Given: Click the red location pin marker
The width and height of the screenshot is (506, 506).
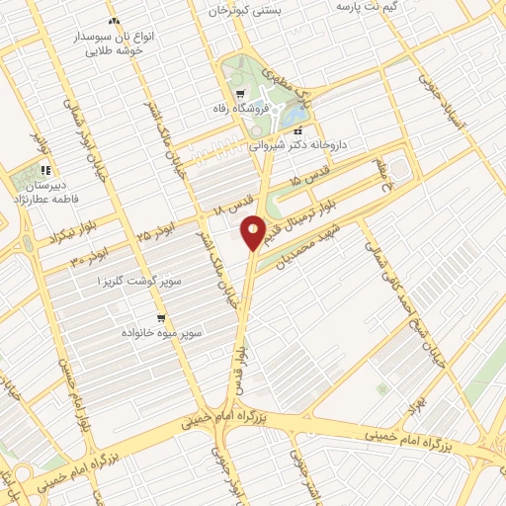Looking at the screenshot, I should pyautogui.click(x=254, y=232).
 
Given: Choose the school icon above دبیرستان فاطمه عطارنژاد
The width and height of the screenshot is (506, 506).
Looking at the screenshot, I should pyautogui.click(x=45, y=170).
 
